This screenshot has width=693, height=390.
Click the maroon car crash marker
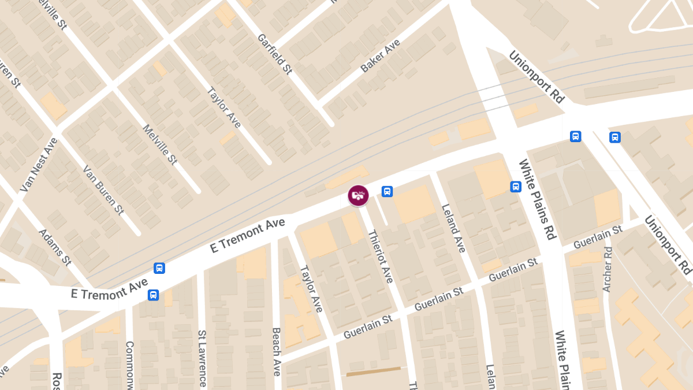tap(359, 195)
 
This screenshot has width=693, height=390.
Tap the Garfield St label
tap(275, 54)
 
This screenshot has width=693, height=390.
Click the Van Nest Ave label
tap(39, 165)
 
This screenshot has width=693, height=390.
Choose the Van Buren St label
tap(103, 189)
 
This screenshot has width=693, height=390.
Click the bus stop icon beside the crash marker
tap(387, 191)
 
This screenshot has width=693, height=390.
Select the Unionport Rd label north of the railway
tap(536, 76)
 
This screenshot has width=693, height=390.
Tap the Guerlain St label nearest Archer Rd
tap(598, 237)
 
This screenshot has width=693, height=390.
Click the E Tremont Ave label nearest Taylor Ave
tap(248, 235)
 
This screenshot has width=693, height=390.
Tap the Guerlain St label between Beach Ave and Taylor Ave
tap(368, 326)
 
